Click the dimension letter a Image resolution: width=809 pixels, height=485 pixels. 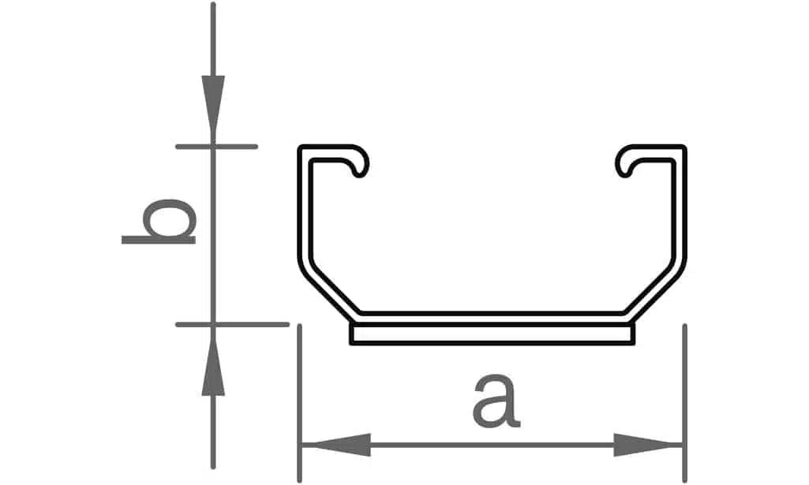pyautogui.click(x=496, y=401)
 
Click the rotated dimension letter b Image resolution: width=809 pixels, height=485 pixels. pyautogui.click(x=159, y=222)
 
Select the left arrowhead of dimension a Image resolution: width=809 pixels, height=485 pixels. pyautogui.click(x=336, y=444)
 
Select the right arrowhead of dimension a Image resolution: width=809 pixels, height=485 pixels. pyautogui.click(x=648, y=444)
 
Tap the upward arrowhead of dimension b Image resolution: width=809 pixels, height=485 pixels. pyautogui.click(x=213, y=360)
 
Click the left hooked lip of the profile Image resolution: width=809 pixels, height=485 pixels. pyautogui.click(x=356, y=161)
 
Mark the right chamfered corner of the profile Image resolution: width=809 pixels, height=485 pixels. pyautogui.click(x=654, y=289)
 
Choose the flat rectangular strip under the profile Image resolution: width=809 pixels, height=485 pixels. pyautogui.click(x=493, y=334)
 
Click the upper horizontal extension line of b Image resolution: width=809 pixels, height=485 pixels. pyautogui.click(x=216, y=147)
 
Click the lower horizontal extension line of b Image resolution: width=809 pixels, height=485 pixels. pyautogui.click(x=232, y=324)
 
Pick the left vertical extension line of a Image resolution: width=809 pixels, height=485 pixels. pyautogui.click(x=300, y=403)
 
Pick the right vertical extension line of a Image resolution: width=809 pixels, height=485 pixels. pyautogui.click(x=684, y=403)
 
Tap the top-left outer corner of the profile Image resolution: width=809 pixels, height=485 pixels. pyautogui.click(x=298, y=147)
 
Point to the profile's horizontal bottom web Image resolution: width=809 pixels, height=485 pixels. pyautogui.click(x=493, y=319)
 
